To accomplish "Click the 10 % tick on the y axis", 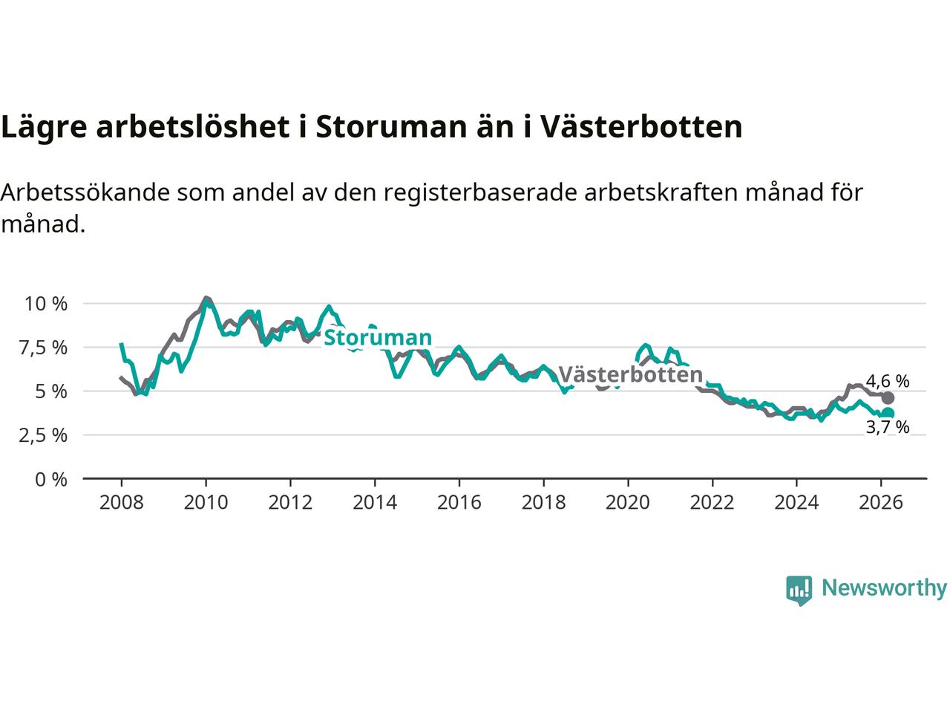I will (46, 304).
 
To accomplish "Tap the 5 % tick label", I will (51, 391).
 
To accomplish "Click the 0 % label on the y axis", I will (51, 479).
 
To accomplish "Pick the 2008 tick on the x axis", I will (121, 503).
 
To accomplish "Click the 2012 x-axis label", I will (290, 503).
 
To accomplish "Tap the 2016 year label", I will (459, 503).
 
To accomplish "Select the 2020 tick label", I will (628, 503).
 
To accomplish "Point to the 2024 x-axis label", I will (796, 503).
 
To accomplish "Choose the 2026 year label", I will (881, 503).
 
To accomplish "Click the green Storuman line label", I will (378, 337).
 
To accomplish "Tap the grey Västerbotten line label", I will (630, 374).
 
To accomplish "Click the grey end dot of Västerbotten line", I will (888, 397).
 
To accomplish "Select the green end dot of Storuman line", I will (888, 413).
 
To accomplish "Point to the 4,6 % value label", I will (888, 382).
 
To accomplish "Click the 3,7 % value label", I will (888, 427).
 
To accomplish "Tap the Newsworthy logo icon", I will (799, 590).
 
